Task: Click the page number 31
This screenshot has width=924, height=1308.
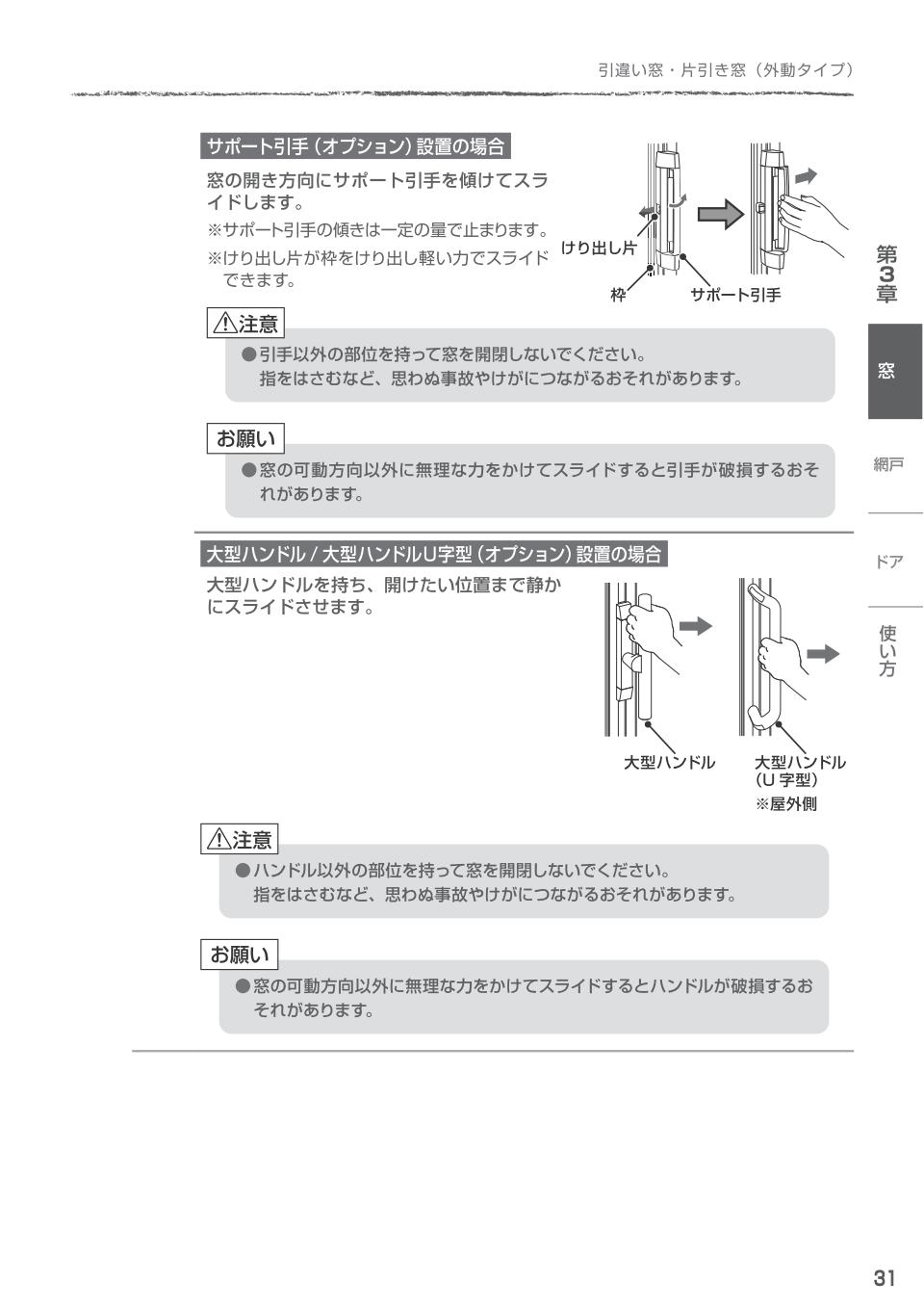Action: [884, 1278]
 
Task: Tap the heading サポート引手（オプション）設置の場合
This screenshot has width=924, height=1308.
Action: [355, 146]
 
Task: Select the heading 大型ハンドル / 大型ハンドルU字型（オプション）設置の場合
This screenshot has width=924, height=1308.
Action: [434, 554]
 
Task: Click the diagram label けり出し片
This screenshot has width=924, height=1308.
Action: [599, 249]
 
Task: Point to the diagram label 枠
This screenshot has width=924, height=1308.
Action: [618, 296]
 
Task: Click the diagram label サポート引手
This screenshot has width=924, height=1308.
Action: [735, 296]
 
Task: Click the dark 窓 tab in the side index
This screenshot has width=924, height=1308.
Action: [894, 371]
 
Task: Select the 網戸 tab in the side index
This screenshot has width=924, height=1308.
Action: [888, 465]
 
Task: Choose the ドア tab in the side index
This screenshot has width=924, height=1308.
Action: [888, 562]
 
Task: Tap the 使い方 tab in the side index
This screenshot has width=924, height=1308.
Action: [887, 651]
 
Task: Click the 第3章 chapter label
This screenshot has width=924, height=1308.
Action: [886, 275]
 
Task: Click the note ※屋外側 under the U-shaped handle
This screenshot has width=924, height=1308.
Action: [785, 804]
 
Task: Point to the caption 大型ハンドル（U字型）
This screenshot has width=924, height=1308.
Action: [800, 771]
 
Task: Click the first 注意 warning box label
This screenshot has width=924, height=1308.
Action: [246, 324]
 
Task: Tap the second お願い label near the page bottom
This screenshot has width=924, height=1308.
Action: [240, 955]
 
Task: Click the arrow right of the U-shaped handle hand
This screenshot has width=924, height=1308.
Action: [822, 654]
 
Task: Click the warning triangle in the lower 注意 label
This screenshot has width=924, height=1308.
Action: [218, 840]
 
